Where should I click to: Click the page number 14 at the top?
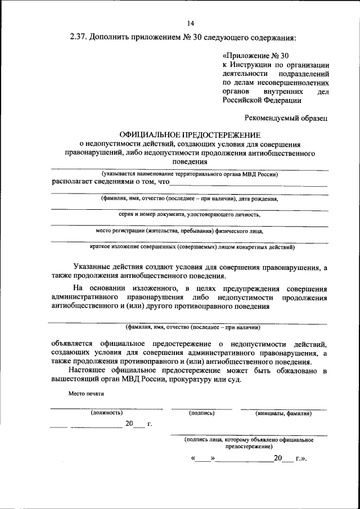(190, 23)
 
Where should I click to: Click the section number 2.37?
(80, 38)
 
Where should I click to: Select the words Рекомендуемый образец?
(286, 118)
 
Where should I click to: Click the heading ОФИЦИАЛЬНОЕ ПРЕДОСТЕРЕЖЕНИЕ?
(190, 135)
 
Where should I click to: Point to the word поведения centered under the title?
(190, 161)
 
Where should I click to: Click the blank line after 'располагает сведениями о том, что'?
(248, 183)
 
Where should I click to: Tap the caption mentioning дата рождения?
(190, 199)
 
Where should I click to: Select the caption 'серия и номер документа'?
(190, 214)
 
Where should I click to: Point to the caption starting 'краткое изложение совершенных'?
(190, 246)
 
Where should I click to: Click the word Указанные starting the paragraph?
(92, 267)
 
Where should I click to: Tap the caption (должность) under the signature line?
(106, 413)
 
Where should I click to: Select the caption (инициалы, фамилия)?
(283, 413)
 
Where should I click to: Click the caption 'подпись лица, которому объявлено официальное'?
(249, 440)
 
